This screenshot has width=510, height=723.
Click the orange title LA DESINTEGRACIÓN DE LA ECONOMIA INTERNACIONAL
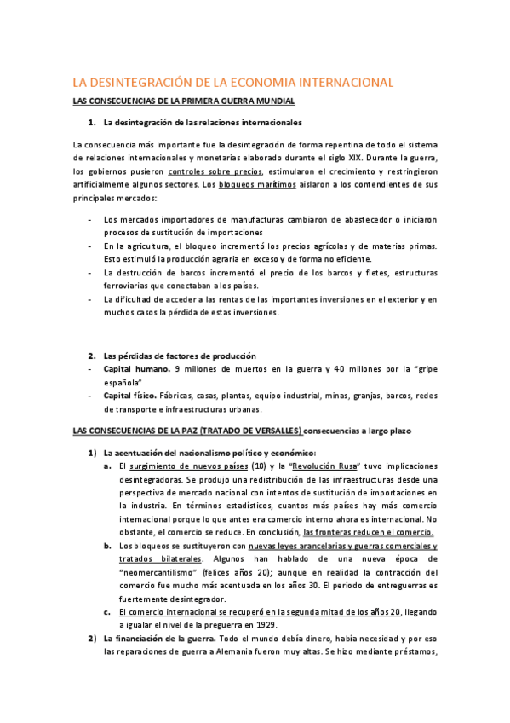pos(232,83)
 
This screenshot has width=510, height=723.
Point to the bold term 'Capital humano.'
pos(135,369)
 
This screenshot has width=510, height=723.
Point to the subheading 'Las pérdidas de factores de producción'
pos(179,356)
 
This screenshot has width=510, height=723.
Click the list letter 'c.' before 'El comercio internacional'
pos(107,611)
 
